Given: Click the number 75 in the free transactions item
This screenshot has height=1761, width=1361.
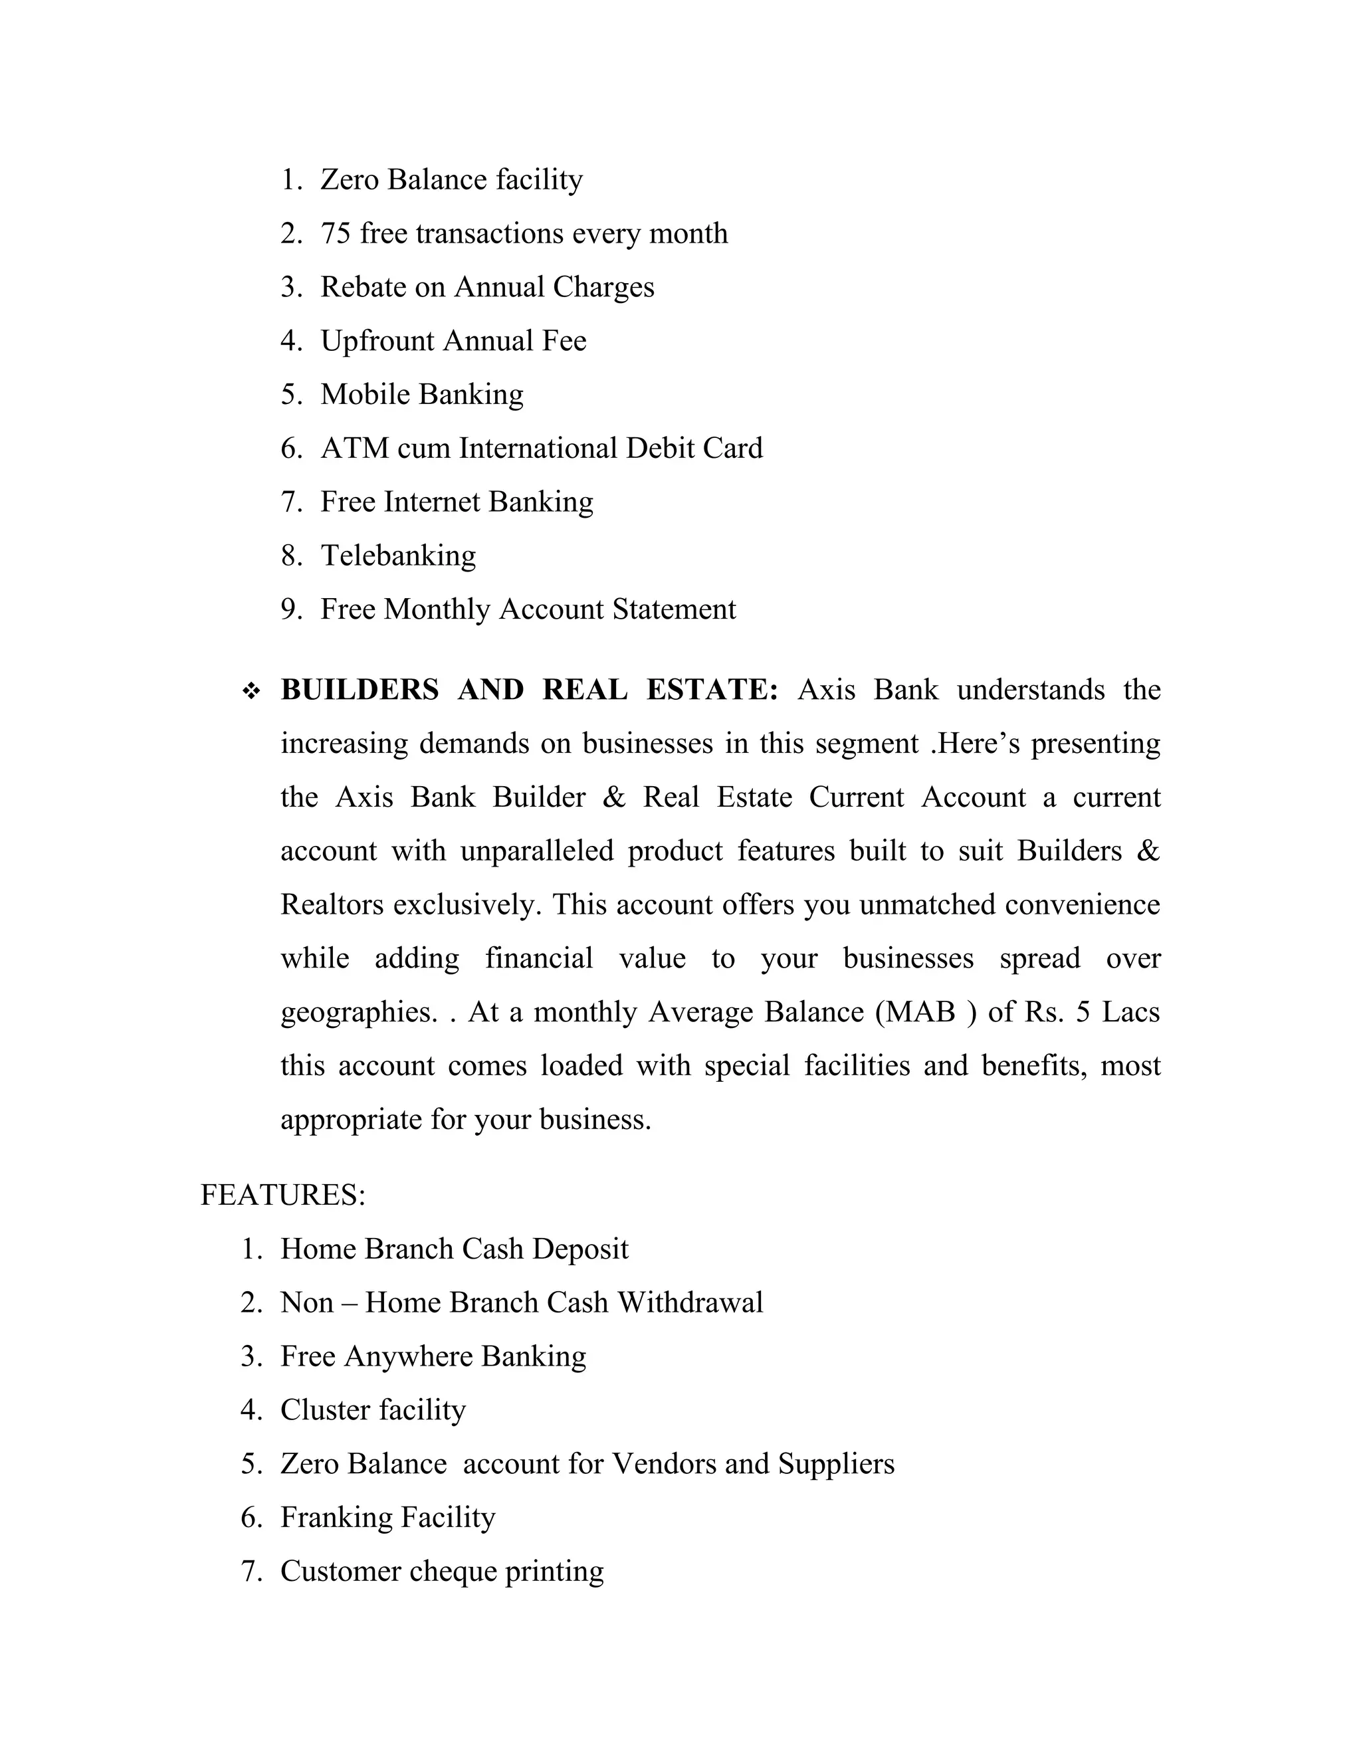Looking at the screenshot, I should tap(336, 234).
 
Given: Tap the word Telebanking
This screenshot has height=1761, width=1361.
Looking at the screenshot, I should tap(398, 556).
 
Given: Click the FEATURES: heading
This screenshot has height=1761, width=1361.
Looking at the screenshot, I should tap(283, 1195).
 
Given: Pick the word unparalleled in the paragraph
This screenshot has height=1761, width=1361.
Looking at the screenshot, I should tap(537, 851).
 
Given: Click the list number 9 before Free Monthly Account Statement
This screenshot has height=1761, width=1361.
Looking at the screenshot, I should tap(290, 609).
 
